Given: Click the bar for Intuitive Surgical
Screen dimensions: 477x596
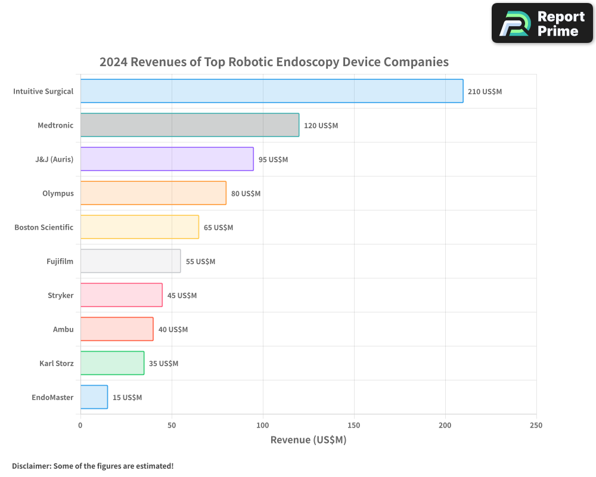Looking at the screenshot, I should (x=272, y=91).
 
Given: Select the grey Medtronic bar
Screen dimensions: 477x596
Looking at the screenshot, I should (x=190, y=125).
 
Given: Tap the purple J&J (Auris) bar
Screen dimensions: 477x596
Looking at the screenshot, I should (x=167, y=159).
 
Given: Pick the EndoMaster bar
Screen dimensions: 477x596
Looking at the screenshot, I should (x=94, y=397).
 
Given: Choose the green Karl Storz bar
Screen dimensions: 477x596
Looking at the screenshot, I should (x=112, y=363).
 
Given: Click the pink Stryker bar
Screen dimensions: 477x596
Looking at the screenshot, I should (x=121, y=295).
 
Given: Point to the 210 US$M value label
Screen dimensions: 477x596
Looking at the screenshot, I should (x=485, y=92).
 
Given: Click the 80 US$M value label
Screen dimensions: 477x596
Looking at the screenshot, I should (x=246, y=194).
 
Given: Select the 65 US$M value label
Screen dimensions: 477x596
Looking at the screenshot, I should (x=218, y=228).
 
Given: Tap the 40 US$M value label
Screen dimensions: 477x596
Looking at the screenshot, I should (x=173, y=330).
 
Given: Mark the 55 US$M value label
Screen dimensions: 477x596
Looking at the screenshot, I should (x=200, y=262).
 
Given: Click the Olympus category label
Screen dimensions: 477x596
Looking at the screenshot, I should (x=58, y=194).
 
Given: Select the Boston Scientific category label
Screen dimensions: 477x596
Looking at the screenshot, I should (x=44, y=228).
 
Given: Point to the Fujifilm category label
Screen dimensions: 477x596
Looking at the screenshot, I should (x=60, y=262).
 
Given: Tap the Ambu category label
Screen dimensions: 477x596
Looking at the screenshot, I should (x=63, y=330).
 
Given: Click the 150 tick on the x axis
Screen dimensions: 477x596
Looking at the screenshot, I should (x=354, y=425).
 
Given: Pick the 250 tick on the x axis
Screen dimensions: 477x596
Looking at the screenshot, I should (x=536, y=425).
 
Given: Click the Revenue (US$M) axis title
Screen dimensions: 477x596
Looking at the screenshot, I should (x=308, y=440).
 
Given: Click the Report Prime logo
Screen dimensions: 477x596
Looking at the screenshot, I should (x=542, y=23).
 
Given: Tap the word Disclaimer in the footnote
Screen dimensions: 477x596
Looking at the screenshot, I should (x=30, y=466).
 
